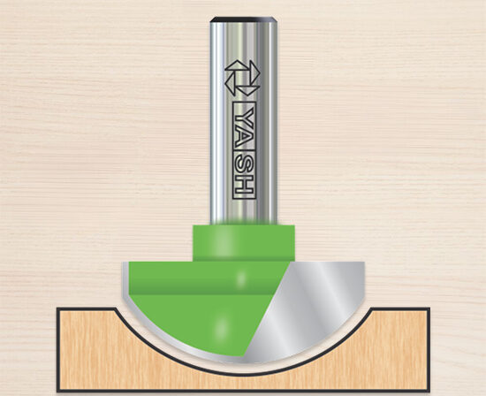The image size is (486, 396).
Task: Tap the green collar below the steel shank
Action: pos(243,240)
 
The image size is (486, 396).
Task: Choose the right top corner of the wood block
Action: pos(429,308)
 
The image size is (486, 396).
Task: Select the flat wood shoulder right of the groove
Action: pos(402,310)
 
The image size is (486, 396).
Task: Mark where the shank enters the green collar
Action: pos(243,225)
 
